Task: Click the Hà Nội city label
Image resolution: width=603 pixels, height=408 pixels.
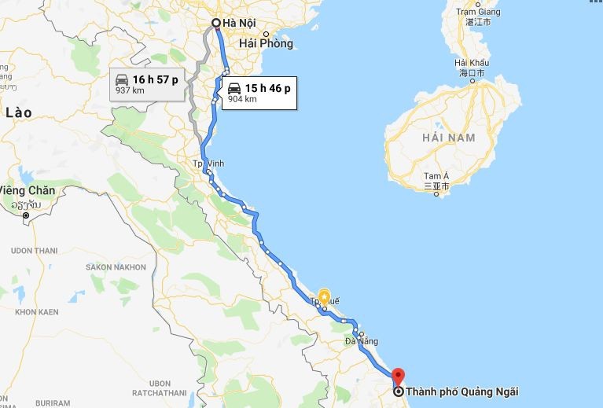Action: tap(240, 23)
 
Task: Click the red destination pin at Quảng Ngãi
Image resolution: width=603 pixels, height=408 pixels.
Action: tap(397, 376)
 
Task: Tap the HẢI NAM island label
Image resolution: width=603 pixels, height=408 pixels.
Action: tap(448, 138)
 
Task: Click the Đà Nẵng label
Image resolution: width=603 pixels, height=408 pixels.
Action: tap(361, 342)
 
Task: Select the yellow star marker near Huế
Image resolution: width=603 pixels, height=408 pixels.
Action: tap(324, 297)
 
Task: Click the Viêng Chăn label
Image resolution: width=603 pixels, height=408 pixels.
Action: tap(28, 190)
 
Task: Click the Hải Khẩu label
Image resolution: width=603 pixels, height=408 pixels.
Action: tap(472, 62)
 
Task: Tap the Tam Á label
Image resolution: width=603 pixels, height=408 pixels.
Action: tap(435, 176)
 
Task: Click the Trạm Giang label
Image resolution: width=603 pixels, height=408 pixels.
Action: tap(478, 12)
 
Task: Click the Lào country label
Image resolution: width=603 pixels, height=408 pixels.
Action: tap(18, 113)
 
